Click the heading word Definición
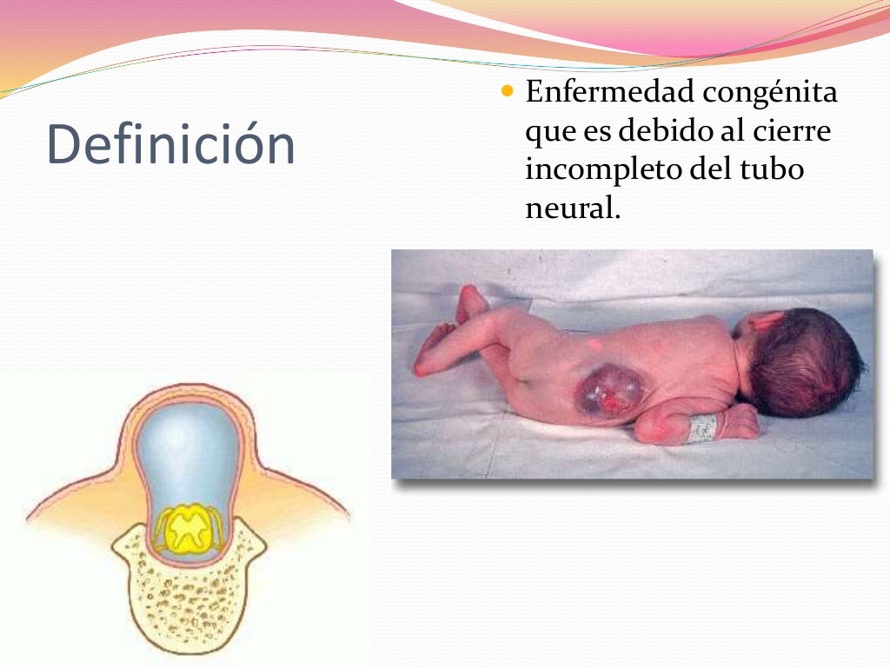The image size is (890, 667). pyautogui.click(x=170, y=144)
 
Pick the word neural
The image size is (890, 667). pyautogui.click(x=572, y=208)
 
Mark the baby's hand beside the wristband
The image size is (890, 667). pyautogui.click(x=739, y=422)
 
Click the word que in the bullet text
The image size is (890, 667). pyautogui.click(x=548, y=132)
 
